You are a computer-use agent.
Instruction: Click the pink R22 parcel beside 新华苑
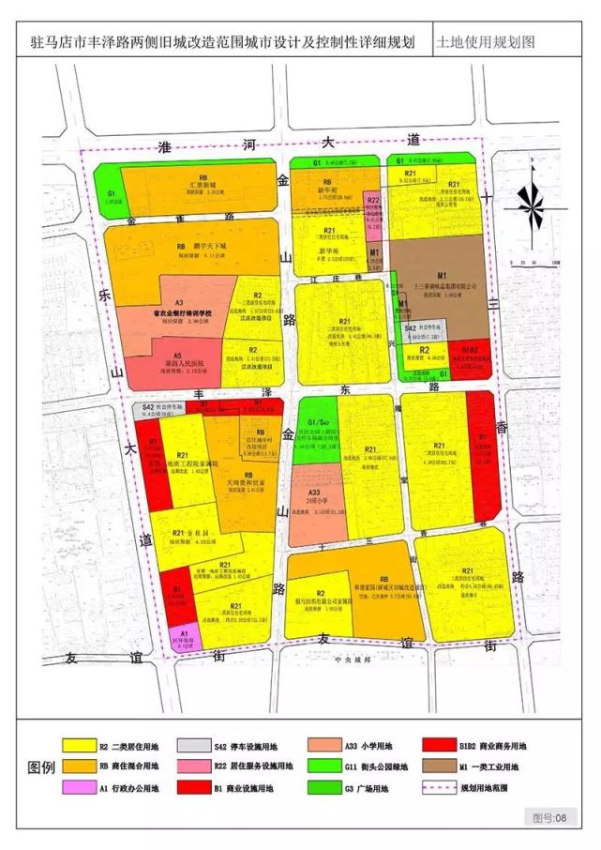(373, 213)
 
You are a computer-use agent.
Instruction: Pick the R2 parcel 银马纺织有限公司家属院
(322, 601)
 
